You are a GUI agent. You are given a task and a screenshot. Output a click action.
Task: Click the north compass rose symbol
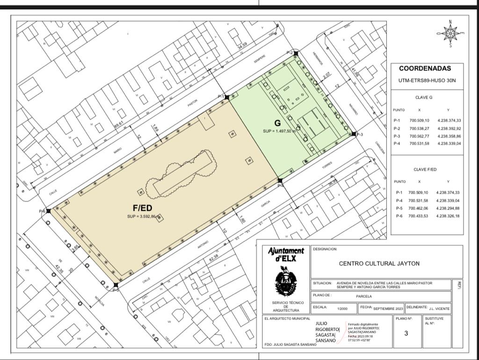(450, 33)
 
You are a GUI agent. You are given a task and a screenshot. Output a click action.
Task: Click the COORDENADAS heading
(425, 68)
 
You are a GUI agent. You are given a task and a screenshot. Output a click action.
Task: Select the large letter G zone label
(277, 123)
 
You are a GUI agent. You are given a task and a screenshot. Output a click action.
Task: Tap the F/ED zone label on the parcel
(143, 207)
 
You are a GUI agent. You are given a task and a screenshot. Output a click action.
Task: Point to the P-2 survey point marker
(296, 53)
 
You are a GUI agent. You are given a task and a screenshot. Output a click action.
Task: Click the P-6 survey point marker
(49, 211)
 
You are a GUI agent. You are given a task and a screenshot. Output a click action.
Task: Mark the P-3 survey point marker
(354, 134)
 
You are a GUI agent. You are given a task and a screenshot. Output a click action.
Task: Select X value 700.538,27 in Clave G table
(419, 129)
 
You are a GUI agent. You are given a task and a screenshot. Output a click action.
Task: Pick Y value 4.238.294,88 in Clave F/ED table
(448, 208)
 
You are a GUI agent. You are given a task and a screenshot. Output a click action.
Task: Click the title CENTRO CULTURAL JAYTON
(379, 263)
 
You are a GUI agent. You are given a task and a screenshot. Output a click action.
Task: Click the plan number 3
(406, 333)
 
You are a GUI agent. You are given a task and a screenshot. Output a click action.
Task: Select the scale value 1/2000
(342, 308)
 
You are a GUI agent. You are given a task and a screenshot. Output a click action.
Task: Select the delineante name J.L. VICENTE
(439, 309)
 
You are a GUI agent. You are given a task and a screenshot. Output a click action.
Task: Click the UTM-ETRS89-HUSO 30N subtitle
(427, 80)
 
